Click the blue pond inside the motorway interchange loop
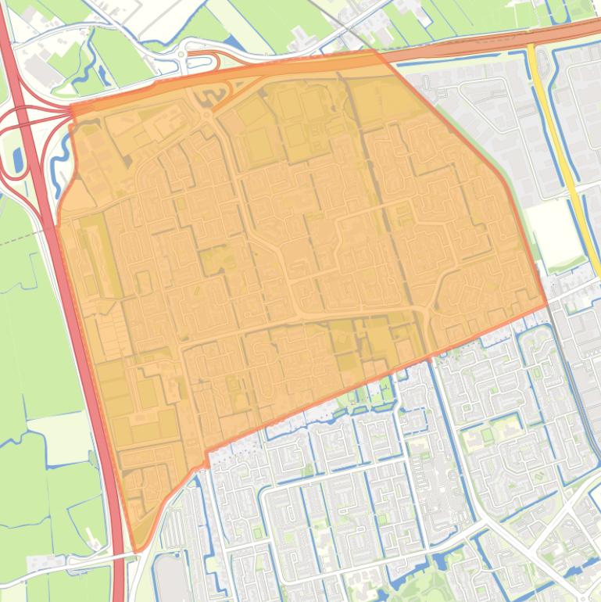click(18, 159)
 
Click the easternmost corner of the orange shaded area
click(546, 305)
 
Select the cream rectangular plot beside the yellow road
click(555, 232)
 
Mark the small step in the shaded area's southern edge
click(206, 457)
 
